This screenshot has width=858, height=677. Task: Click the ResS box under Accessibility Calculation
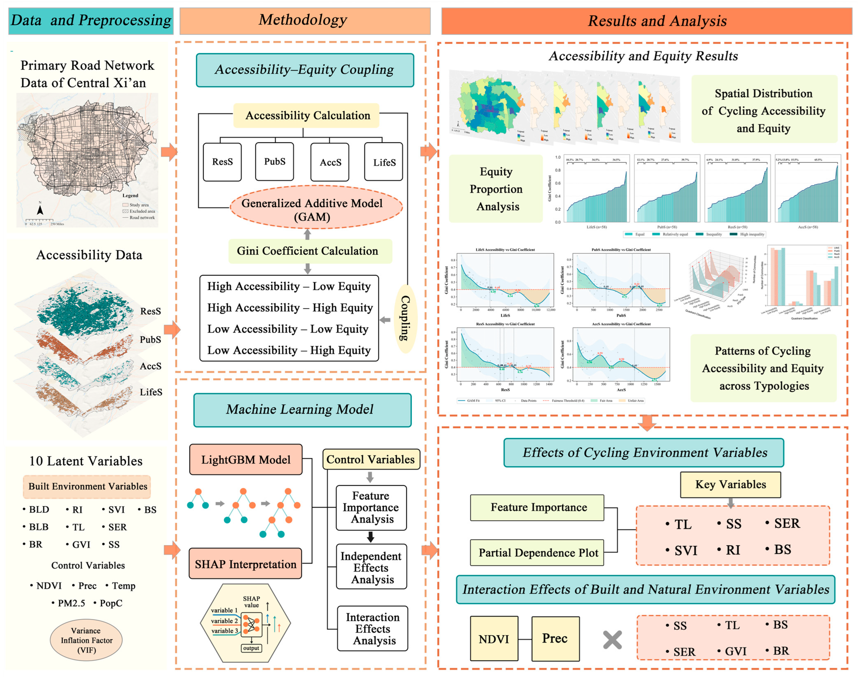222,162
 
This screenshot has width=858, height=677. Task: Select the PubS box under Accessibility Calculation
275,162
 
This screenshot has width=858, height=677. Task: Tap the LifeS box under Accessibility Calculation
384,162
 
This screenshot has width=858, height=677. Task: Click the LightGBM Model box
246,459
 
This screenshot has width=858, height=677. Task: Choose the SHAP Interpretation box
246,564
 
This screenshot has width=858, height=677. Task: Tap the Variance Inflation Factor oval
86,640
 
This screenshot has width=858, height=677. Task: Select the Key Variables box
730,484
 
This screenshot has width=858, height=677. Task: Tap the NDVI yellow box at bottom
494,639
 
